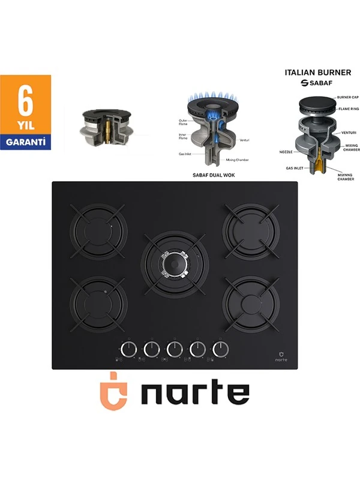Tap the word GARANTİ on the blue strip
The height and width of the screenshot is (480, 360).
(x=25, y=143)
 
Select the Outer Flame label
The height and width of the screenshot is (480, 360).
(x=183, y=122)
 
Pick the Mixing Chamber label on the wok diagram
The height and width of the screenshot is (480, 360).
(x=238, y=160)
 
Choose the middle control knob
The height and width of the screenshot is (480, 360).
(x=174, y=349)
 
